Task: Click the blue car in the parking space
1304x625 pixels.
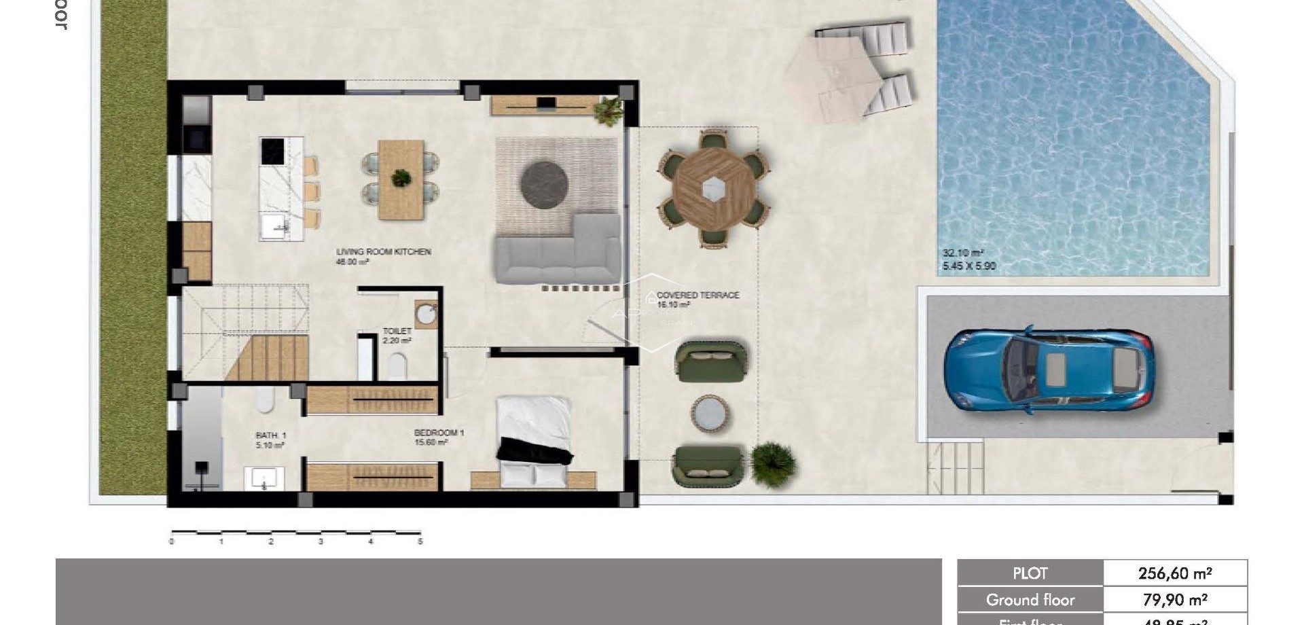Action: [1048, 370]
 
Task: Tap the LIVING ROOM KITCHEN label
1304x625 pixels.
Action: [384, 252]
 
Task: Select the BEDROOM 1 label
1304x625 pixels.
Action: [439, 433]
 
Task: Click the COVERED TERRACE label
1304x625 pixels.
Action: [698, 296]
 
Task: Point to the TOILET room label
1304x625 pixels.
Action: [397, 332]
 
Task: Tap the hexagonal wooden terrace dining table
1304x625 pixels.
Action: [713, 188]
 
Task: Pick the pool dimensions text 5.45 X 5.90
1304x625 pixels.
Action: [969, 266]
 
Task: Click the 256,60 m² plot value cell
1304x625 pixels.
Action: [1175, 573]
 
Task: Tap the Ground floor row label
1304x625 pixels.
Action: [1030, 600]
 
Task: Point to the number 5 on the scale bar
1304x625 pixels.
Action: [420, 541]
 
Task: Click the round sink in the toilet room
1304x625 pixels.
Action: [427, 315]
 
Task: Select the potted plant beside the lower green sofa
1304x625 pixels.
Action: [773, 464]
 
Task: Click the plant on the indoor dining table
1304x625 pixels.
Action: [401, 178]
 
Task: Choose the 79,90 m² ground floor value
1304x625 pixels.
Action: [1175, 600]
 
